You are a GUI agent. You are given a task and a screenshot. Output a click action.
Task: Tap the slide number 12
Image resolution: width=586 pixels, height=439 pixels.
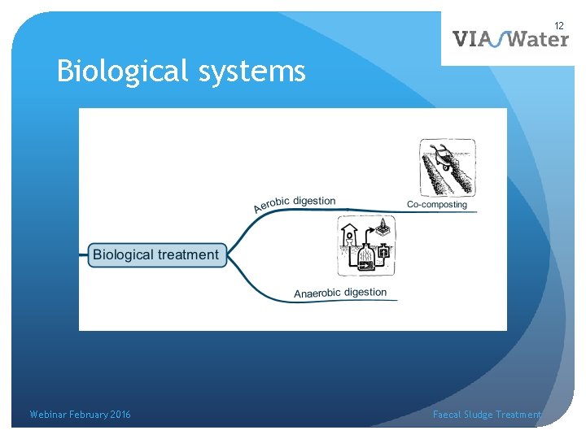(559, 27)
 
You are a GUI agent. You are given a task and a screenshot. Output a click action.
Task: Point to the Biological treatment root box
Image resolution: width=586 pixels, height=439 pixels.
(155, 254)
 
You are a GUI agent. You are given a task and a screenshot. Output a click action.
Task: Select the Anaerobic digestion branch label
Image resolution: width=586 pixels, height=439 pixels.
(340, 293)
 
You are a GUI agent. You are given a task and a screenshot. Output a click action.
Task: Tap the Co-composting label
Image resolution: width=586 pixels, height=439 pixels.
(437, 204)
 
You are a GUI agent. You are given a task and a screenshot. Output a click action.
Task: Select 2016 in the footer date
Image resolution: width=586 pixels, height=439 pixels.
(120, 415)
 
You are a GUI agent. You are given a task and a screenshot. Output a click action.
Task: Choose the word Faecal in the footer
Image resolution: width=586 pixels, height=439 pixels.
(447, 415)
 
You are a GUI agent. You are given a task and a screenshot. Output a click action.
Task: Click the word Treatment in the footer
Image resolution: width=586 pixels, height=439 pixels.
(518, 415)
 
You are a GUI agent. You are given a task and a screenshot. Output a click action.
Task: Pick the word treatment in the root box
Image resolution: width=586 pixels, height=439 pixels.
(188, 254)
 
